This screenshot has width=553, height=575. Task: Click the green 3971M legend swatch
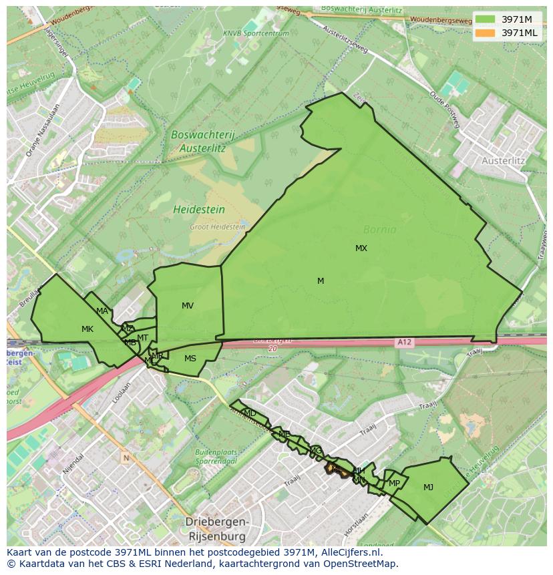point(486,19)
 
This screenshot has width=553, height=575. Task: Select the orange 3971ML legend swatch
point(486,33)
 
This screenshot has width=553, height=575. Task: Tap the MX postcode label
point(361,248)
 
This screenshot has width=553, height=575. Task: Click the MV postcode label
point(188,306)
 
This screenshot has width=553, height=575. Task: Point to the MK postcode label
point(87,329)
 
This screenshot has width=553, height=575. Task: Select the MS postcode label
point(190,359)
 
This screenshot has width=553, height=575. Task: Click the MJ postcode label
point(428,488)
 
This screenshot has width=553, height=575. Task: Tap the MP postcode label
point(394,484)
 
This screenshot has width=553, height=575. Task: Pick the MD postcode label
point(250,413)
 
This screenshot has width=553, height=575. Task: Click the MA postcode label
point(102,311)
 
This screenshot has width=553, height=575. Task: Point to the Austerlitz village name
point(503,161)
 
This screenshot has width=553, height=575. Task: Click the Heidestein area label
point(199,210)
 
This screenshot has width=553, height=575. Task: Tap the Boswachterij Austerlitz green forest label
point(203,140)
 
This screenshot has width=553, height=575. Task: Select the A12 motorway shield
point(404,343)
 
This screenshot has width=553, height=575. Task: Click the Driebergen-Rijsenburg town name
point(216,529)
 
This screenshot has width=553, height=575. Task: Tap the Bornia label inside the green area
point(379,230)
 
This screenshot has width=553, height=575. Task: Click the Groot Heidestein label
point(217,227)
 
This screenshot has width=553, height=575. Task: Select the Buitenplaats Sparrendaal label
point(216,456)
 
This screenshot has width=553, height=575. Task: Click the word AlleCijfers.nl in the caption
point(359,552)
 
